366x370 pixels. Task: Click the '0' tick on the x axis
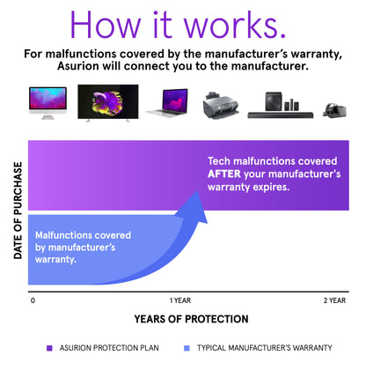[33, 300]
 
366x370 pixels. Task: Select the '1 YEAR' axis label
[180, 300]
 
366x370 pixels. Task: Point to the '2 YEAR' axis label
[334, 300]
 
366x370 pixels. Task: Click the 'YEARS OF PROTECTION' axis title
[191, 319]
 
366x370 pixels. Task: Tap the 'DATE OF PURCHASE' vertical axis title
[17, 213]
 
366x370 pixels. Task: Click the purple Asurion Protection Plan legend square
[49, 348]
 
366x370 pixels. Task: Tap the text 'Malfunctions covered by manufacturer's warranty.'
[84, 248]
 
